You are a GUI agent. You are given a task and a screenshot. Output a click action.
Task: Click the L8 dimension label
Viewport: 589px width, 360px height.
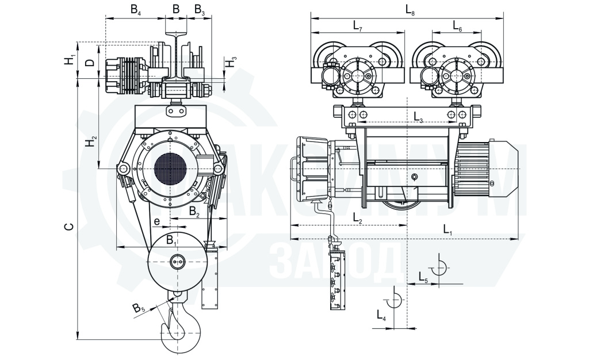(410, 10)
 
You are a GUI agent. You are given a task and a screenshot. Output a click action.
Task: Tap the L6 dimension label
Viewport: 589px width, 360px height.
(457, 26)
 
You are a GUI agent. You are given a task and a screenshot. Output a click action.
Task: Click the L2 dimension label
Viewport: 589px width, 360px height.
(357, 219)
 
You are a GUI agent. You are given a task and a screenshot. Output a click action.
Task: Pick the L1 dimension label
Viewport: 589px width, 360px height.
(448, 229)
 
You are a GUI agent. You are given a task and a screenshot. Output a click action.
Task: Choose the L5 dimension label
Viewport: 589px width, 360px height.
(423, 277)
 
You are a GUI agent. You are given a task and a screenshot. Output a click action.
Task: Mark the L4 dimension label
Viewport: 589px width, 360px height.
(381, 315)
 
